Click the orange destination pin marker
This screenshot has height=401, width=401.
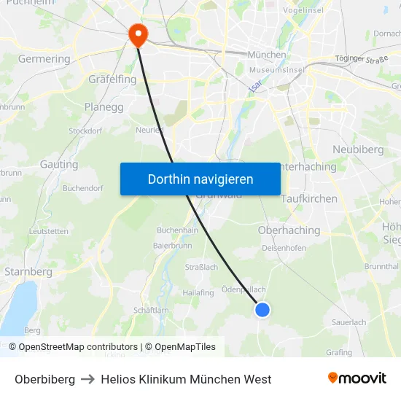click(x=137, y=34)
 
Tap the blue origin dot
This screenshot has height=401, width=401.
click(x=262, y=310)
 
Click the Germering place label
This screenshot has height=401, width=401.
click(x=44, y=59)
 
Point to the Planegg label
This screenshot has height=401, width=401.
click(x=104, y=106)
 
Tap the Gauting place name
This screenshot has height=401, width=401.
click(x=59, y=165)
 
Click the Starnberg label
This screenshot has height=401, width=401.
click(x=28, y=272)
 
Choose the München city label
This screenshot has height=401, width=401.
click(x=267, y=55)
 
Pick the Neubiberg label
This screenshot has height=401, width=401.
click(x=357, y=149)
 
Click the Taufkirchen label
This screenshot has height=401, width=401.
click(x=309, y=198)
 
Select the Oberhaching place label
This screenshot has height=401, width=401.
click(x=289, y=230)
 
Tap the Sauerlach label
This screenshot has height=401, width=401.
click(x=349, y=322)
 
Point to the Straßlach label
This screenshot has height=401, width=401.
click(x=201, y=268)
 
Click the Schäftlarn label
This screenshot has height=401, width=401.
click(x=151, y=310)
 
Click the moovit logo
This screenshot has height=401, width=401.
click(x=357, y=378)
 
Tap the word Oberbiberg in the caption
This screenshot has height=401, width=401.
click(x=44, y=379)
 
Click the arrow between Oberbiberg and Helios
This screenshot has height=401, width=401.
click(x=88, y=379)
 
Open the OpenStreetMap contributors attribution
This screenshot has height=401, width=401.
click(x=78, y=347)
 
